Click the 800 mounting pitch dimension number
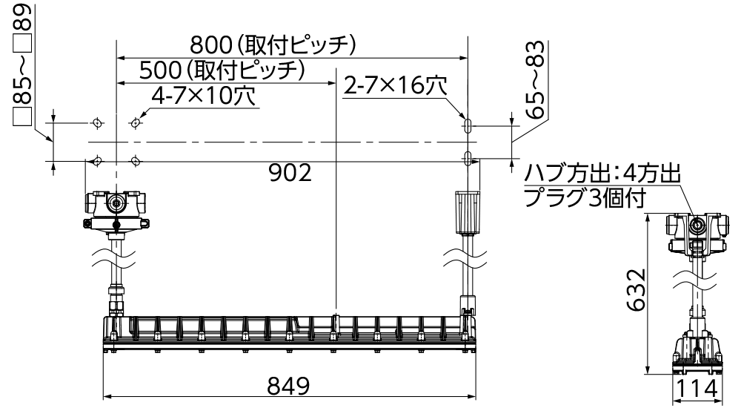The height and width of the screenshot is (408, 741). pyautogui.click(x=210, y=45)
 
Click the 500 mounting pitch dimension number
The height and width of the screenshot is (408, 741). pyautogui.click(x=160, y=70)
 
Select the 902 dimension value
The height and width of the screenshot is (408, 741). pyautogui.click(x=290, y=174)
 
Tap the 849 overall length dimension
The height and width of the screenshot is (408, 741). pyautogui.click(x=289, y=386)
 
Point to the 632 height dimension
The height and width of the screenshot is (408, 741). pyautogui.click(x=636, y=289)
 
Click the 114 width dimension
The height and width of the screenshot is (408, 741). pyautogui.click(x=697, y=389)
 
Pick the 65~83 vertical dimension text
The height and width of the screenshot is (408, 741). pyautogui.click(x=535, y=79)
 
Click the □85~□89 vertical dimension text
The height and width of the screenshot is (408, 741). pyautogui.click(x=22, y=65)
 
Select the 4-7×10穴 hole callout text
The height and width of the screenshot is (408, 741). pyautogui.click(x=203, y=96)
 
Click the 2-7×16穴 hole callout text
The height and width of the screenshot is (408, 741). pyautogui.click(x=395, y=85)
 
